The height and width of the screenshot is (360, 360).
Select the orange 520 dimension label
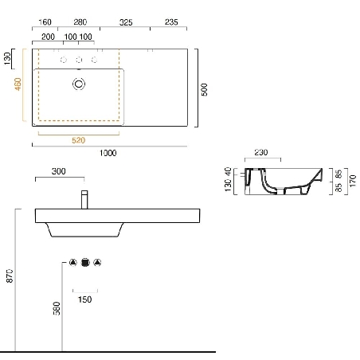coord(79,140)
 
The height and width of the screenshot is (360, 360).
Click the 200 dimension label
coord(48,37)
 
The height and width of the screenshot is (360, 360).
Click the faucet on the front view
coord(84,199)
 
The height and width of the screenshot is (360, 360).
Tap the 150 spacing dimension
coord(84,299)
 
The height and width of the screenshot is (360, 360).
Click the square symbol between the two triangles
coord(84,262)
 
